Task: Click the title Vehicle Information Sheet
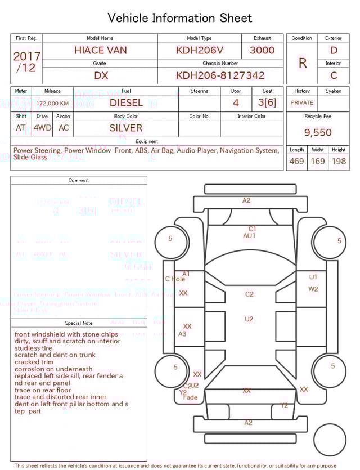click(180, 18)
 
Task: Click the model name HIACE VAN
click(101, 50)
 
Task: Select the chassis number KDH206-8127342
click(220, 75)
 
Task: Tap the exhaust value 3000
click(262, 50)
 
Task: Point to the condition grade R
click(303, 63)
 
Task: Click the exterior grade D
click(334, 51)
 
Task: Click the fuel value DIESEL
click(126, 103)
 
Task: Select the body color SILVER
click(126, 128)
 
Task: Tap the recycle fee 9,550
click(318, 133)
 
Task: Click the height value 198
click(339, 162)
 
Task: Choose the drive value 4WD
click(42, 128)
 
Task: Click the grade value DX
click(101, 75)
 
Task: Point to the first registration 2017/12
click(26, 62)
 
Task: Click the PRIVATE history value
click(302, 103)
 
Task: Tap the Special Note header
click(79, 323)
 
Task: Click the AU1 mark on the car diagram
click(249, 236)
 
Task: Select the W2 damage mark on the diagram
click(313, 289)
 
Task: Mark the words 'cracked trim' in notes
click(34, 362)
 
